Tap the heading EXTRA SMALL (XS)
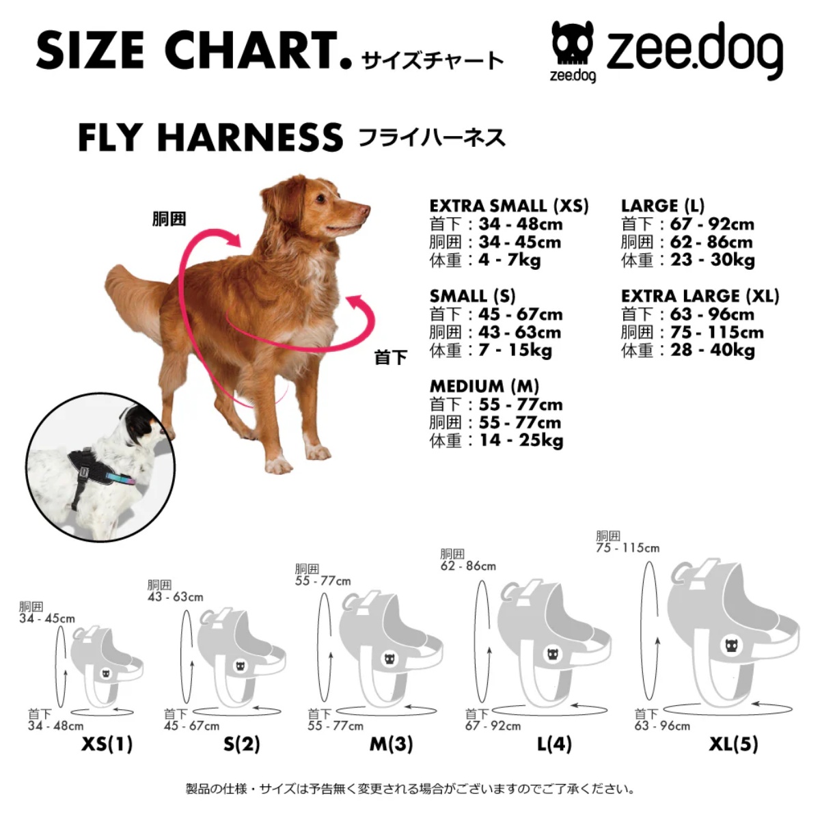508,206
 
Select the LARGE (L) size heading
662,206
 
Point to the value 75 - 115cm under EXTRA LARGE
717,333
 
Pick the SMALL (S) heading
472,296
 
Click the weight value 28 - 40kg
713,351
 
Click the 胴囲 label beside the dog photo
169,219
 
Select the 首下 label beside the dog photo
390,357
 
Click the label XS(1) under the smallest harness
107,743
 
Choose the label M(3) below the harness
391,743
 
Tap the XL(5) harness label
733,743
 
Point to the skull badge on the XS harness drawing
106,674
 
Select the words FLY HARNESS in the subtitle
210,138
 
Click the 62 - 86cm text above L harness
468,566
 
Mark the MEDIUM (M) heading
484,386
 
